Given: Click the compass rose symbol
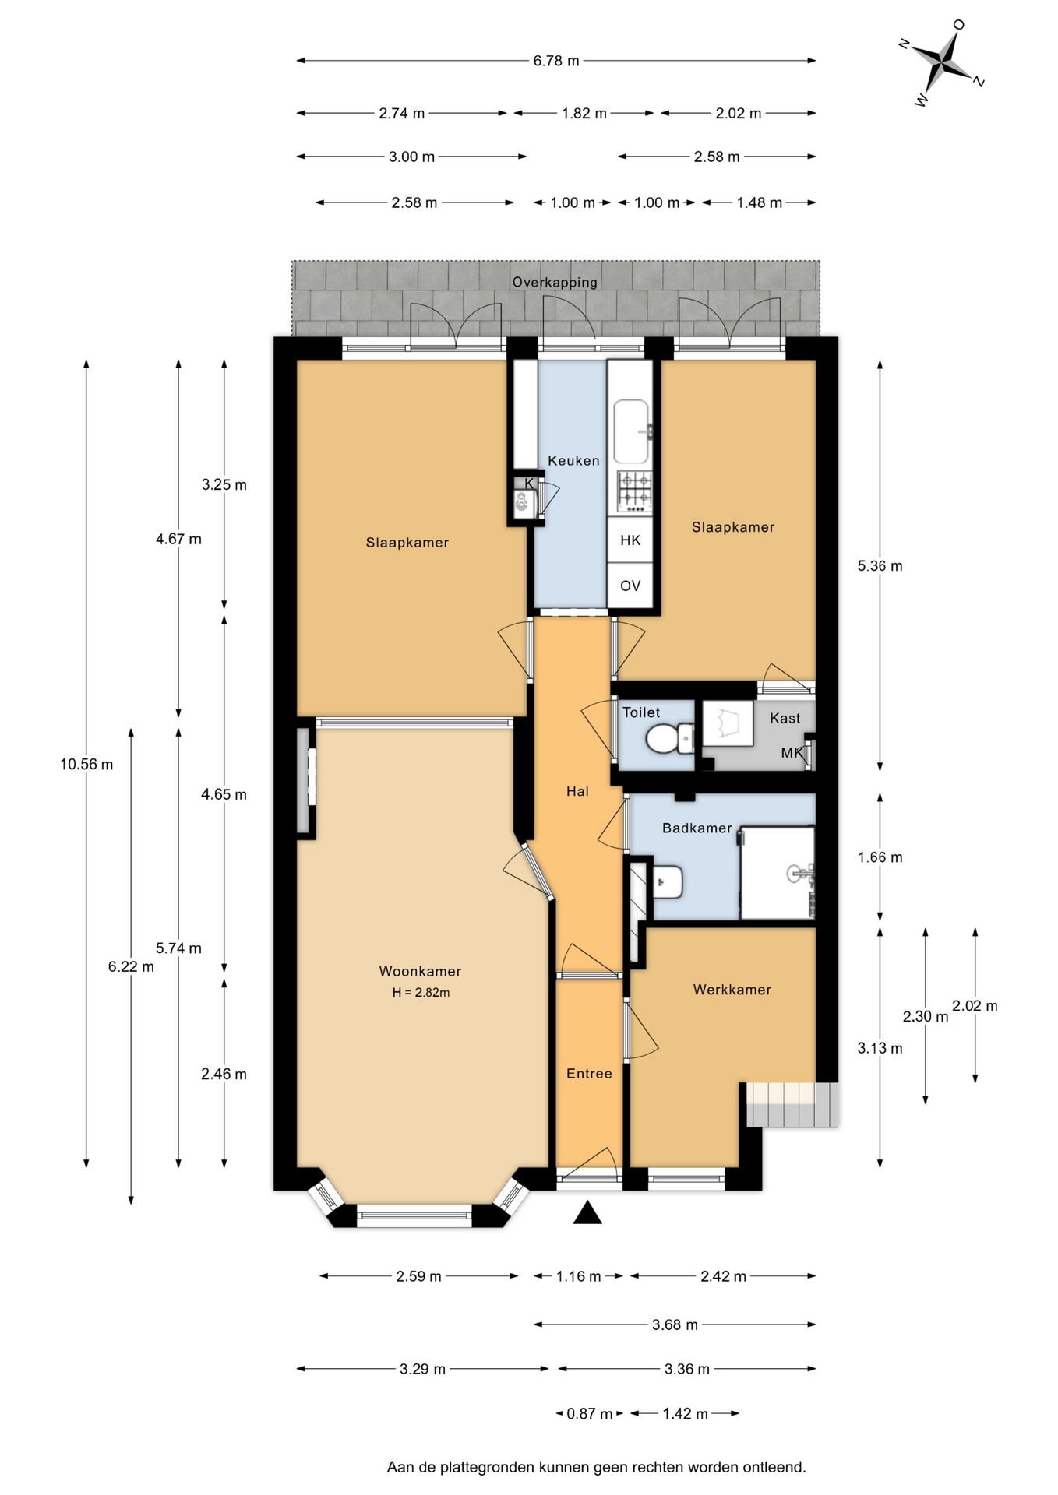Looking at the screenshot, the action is click(x=943, y=62).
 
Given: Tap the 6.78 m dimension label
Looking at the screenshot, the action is click(x=556, y=61).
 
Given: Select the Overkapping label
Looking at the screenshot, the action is click(x=555, y=282).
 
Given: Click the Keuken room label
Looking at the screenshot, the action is click(x=573, y=460).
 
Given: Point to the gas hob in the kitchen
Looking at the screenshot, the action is click(x=634, y=491).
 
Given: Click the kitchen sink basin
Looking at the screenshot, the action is click(x=632, y=431).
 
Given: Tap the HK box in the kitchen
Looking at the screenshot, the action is click(x=630, y=540).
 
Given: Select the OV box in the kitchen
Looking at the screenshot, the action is click(x=630, y=585).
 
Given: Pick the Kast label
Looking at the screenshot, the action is click(x=785, y=718).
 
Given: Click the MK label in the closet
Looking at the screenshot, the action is click(x=792, y=753).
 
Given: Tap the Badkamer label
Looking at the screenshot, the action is click(x=697, y=828).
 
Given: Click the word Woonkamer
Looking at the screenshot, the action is click(x=420, y=971).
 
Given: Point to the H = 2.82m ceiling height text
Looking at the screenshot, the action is click(x=421, y=993).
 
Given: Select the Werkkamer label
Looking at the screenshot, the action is click(x=732, y=990).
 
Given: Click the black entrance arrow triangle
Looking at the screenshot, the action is click(x=587, y=1212).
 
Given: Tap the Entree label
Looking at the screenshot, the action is click(x=589, y=1074).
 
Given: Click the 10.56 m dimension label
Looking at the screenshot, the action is click(x=86, y=764).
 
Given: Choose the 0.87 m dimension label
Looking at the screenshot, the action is click(x=590, y=1413).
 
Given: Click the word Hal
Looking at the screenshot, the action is click(x=577, y=791).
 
